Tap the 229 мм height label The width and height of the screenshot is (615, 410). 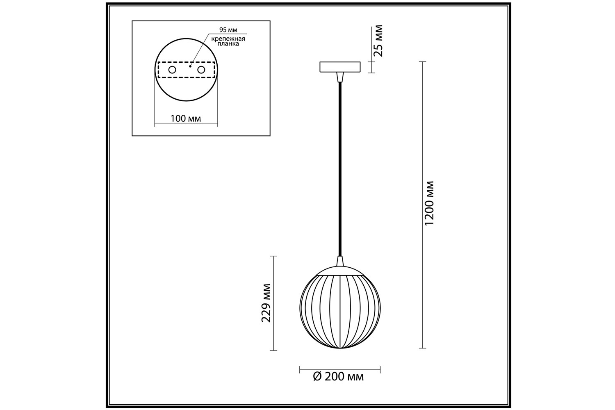[x=266, y=303]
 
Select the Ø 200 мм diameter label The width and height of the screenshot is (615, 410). [x=338, y=376]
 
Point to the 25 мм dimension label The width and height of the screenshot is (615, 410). [x=378, y=41]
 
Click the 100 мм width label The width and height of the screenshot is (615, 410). [x=186, y=118]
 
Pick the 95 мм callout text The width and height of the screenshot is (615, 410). [x=228, y=30]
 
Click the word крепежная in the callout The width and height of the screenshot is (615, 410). [x=228, y=39]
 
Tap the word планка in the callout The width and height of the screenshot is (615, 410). [x=228, y=43]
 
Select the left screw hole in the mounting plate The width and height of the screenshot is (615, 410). [x=172, y=70]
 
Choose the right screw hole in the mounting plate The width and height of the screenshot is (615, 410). [x=201, y=70]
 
